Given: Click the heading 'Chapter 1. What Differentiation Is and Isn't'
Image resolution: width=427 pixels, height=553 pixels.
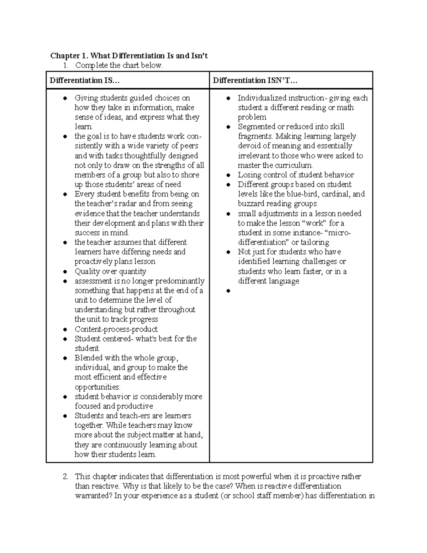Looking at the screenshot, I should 129,56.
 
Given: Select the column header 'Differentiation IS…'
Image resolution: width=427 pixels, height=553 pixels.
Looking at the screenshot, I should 85,80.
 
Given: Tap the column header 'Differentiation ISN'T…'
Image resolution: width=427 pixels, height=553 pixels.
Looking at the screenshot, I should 255,80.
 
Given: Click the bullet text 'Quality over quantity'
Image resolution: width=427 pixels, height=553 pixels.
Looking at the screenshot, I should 110,271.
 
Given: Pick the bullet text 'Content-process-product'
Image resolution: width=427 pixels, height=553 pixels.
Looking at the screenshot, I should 116,329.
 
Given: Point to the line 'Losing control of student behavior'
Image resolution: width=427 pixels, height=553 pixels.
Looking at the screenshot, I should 296,175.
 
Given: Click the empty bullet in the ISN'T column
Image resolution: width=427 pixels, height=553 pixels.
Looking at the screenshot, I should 228,291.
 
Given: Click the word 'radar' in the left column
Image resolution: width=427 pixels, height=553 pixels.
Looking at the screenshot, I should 126,204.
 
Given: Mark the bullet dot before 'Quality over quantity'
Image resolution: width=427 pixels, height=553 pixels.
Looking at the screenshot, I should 65,272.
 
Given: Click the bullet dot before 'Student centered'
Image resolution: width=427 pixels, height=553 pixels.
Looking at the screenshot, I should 65,339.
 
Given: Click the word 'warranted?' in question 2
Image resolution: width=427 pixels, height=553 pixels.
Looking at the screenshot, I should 93,496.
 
